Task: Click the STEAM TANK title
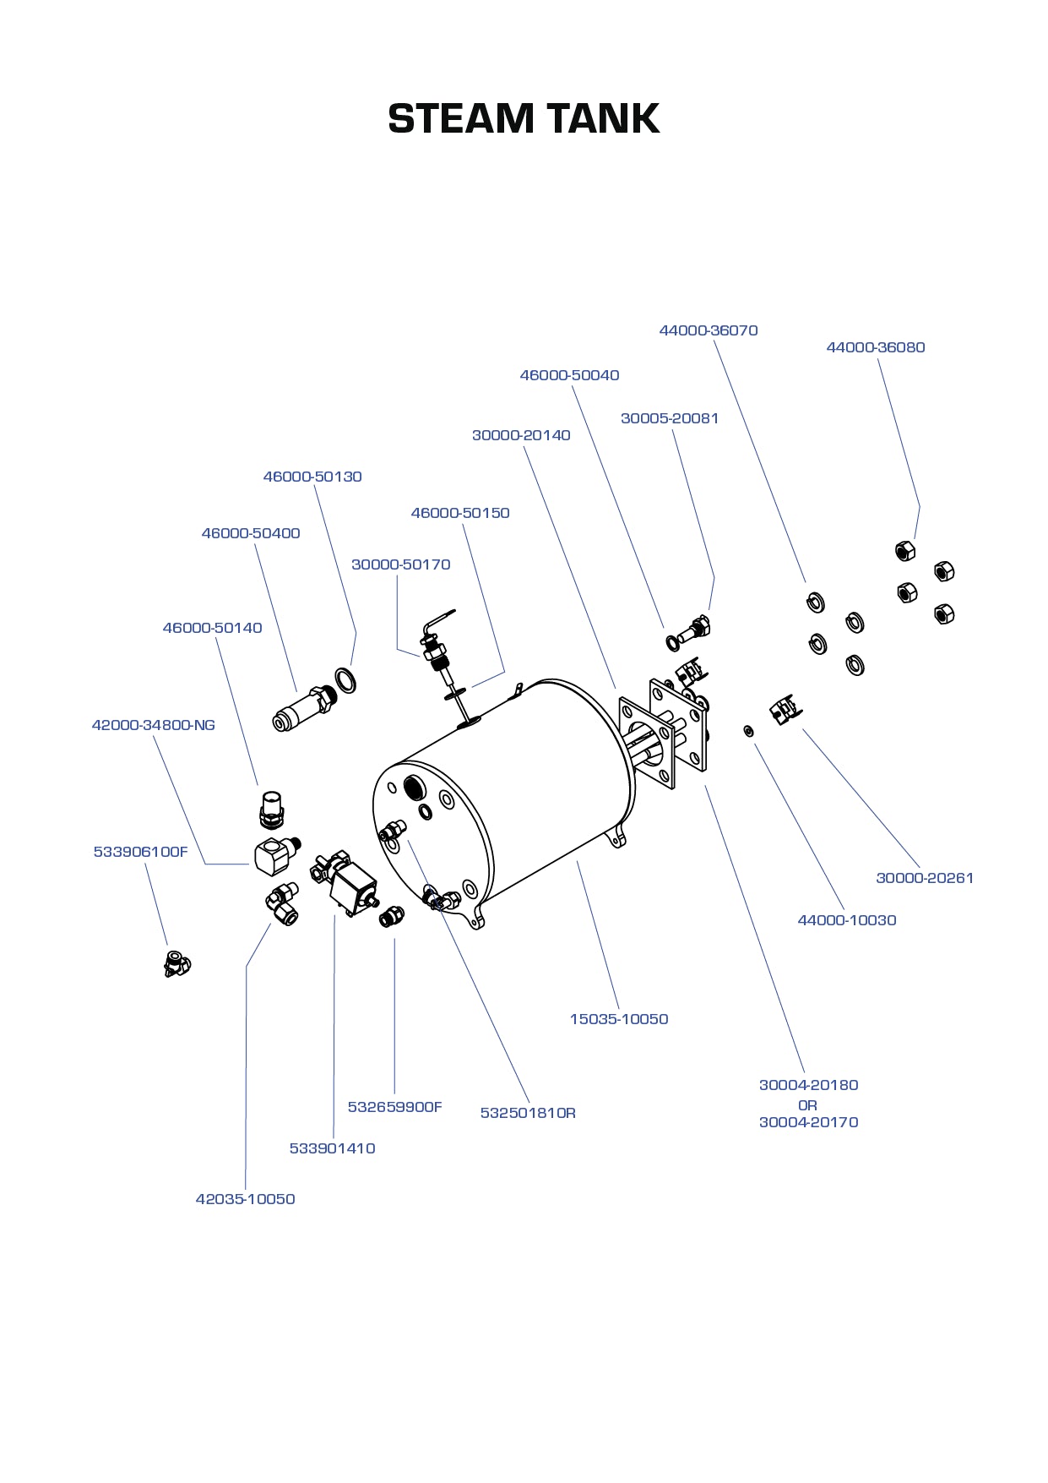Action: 524,118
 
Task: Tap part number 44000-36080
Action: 875,347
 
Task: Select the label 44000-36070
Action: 708,330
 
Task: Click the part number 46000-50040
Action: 569,375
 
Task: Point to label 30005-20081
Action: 669,418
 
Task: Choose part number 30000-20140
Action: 520,435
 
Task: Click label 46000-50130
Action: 312,477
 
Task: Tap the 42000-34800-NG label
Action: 153,725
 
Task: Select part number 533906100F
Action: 140,852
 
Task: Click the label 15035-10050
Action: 618,1019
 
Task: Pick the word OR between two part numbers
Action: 807,1105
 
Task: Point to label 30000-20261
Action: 924,878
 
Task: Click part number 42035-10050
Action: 245,1199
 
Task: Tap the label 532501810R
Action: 528,1113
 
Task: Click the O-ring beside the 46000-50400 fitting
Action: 345,680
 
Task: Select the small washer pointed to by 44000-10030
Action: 748,730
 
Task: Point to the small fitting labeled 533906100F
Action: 176,963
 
